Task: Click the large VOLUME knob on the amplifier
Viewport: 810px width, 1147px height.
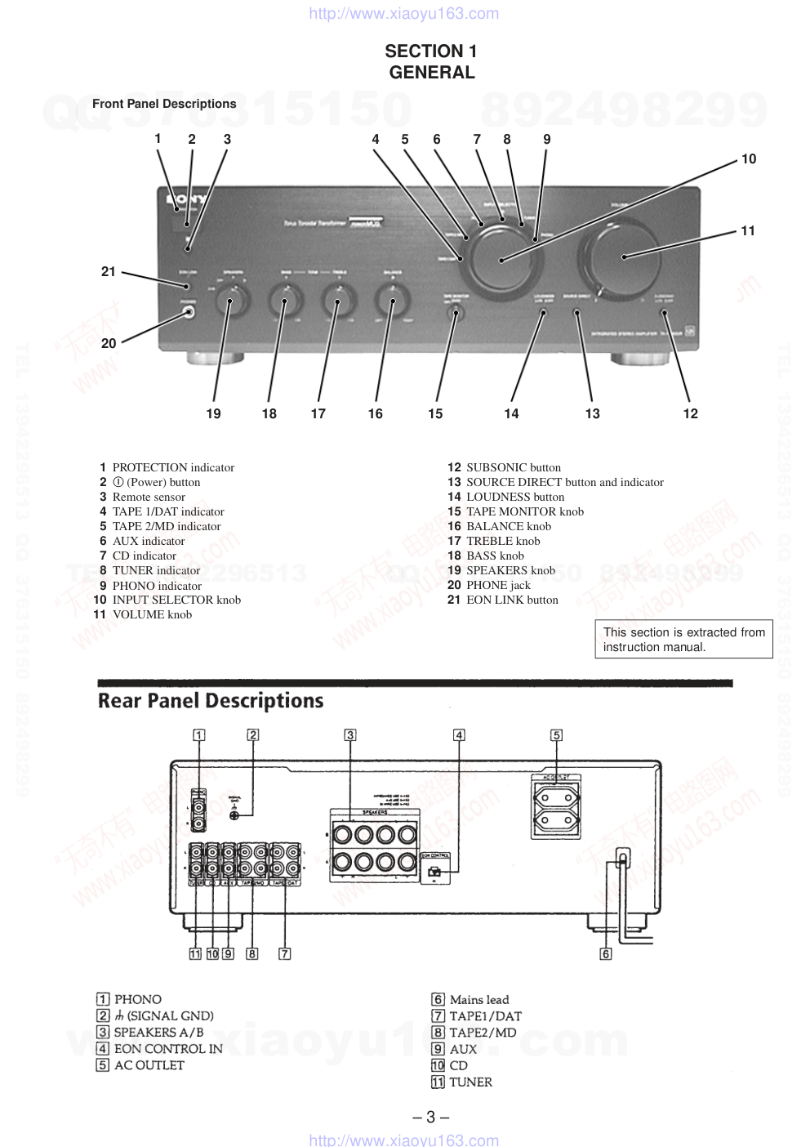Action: (x=623, y=256)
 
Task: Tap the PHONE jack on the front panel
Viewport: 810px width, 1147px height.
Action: (x=189, y=312)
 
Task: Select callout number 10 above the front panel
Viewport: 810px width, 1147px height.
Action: (x=749, y=158)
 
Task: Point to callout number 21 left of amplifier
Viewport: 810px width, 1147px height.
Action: (x=109, y=271)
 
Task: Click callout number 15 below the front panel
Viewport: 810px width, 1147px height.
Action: (x=435, y=413)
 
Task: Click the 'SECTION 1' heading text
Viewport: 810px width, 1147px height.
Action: (x=431, y=51)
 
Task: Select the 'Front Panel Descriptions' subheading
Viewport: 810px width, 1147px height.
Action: (x=164, y=104)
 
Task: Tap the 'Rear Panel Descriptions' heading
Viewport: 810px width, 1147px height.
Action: (x=211, y=701)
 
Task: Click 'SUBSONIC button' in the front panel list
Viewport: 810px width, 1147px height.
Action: (x=513, y=467)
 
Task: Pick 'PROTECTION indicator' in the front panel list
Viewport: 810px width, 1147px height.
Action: (x=173, y=467)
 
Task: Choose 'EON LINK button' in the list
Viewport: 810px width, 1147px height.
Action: (x=512, y=600)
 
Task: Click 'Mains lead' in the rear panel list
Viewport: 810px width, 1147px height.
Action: (x=478, y=1000)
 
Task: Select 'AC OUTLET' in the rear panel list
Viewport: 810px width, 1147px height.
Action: (x=149, y=1065)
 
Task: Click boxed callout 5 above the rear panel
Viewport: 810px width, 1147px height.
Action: (x=556, y=735)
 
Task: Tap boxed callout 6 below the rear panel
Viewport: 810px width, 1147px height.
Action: (x=606, y=953)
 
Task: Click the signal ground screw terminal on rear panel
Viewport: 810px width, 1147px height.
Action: (x=234, y=815)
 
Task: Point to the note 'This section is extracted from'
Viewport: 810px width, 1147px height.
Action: (x=684, y=632)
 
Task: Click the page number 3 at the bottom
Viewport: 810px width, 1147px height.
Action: (x=431, y=1117)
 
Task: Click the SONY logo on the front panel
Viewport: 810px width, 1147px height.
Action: (x=186, y=199)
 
